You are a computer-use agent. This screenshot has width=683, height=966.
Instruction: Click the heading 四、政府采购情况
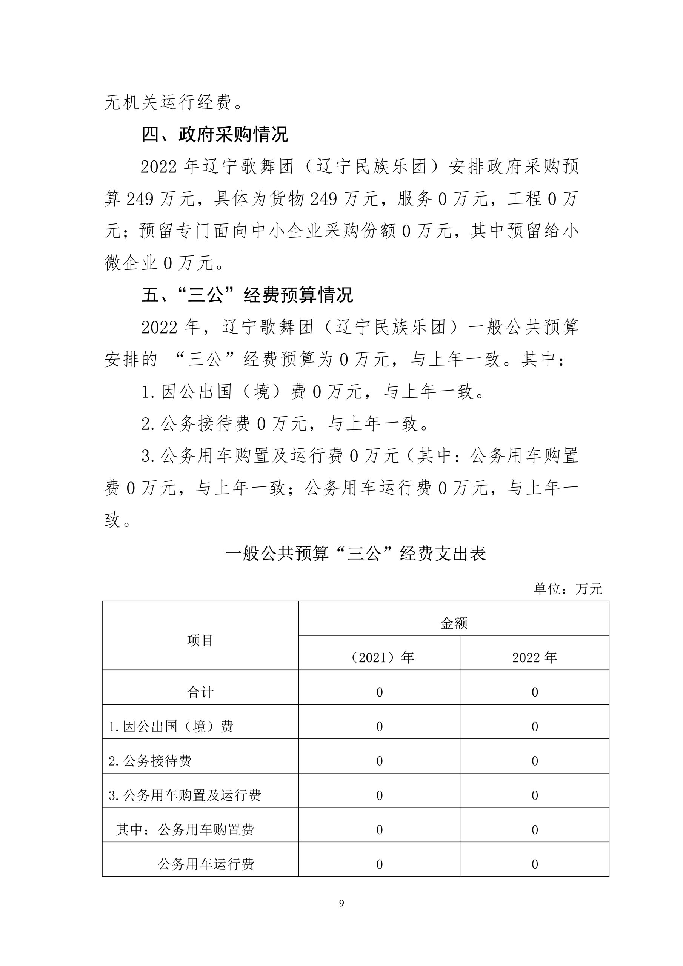pos(215,135)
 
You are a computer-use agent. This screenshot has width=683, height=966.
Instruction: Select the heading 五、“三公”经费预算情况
pos(247,295)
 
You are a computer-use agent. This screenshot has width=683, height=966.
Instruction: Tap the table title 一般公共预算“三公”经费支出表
pos(355,553)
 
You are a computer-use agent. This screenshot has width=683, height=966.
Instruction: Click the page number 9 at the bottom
pos(341,903)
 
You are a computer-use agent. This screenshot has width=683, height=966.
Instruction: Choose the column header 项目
pos(200,640)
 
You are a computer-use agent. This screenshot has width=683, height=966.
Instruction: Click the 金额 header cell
pos(454,623)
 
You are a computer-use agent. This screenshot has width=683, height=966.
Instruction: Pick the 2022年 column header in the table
pos(534,657)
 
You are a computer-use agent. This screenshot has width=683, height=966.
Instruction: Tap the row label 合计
pos(200,692)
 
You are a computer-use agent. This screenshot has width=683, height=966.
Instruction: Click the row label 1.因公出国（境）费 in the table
pos(171,727)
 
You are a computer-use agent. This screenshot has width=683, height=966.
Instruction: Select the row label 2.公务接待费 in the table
pos(150,761)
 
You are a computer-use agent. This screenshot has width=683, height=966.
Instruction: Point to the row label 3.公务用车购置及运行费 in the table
pos(185,795)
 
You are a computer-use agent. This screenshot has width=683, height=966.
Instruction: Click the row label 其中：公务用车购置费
pos(185,830)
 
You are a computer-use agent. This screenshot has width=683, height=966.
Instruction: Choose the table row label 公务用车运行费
pos(206,864)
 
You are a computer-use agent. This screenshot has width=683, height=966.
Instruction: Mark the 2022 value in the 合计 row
pos(535,692)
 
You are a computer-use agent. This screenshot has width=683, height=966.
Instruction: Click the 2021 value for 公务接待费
pos(380,761)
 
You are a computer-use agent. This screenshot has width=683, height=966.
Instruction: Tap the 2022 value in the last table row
pos(535,864)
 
